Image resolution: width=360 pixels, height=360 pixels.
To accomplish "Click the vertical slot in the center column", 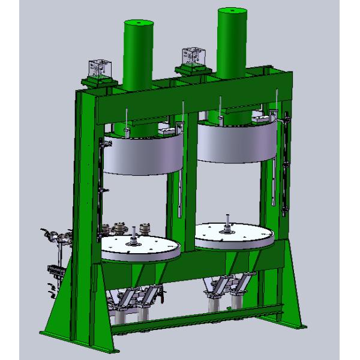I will (x=180, y=192).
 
